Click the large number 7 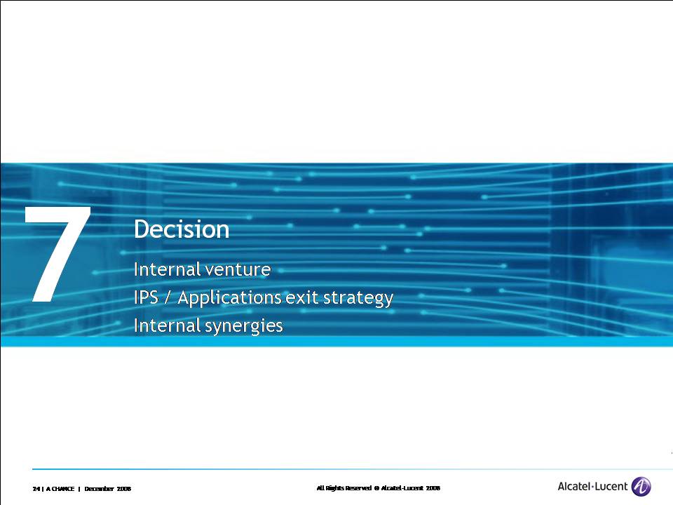pyautogui.click(x=57, y=254)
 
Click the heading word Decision pyautogui.click(x=182, y=229)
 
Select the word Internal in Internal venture pyautogui.click(x=167, y=269)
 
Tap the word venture pyautogui.click(x=238, y=270)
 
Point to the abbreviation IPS pyautogui.click(x=146, y=297)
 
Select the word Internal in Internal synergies pyautogui.click(x=167, y=325)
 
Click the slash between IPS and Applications pyautogui.click(x=168, y=297)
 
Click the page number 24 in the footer pyautogui.click(x=36, y=489)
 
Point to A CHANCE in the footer pyautogui.click(x=60, y=489)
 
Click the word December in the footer pyautogui.click(x=99, y=489)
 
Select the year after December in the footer pyautogui.click(x=124, y=489)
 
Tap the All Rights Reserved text pyautogui.click(x=344, y=488)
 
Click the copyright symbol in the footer pyautogui.click(x=376, y=488)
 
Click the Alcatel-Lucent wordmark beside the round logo pyautogui.click(x=593, y=487)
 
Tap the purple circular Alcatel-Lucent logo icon pyautogui.click(x=641, y=487)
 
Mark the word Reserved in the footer pyautogui.click(x=358, y=488)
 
